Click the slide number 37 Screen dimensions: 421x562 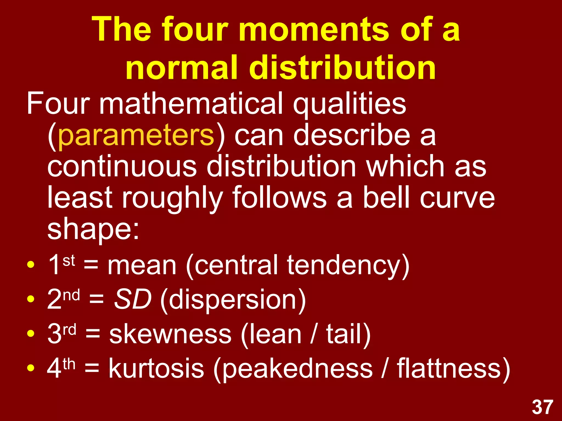point(543,407)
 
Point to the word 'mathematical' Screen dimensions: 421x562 point(191,104)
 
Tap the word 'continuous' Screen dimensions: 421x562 point(122,166)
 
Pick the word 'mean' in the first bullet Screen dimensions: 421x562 point(142,265)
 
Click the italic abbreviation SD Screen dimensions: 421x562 point(133,299)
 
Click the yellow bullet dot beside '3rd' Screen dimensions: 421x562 point(31,334)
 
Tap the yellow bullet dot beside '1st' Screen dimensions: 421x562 point(31,265)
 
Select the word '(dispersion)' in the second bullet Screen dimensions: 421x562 point(233,300)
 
